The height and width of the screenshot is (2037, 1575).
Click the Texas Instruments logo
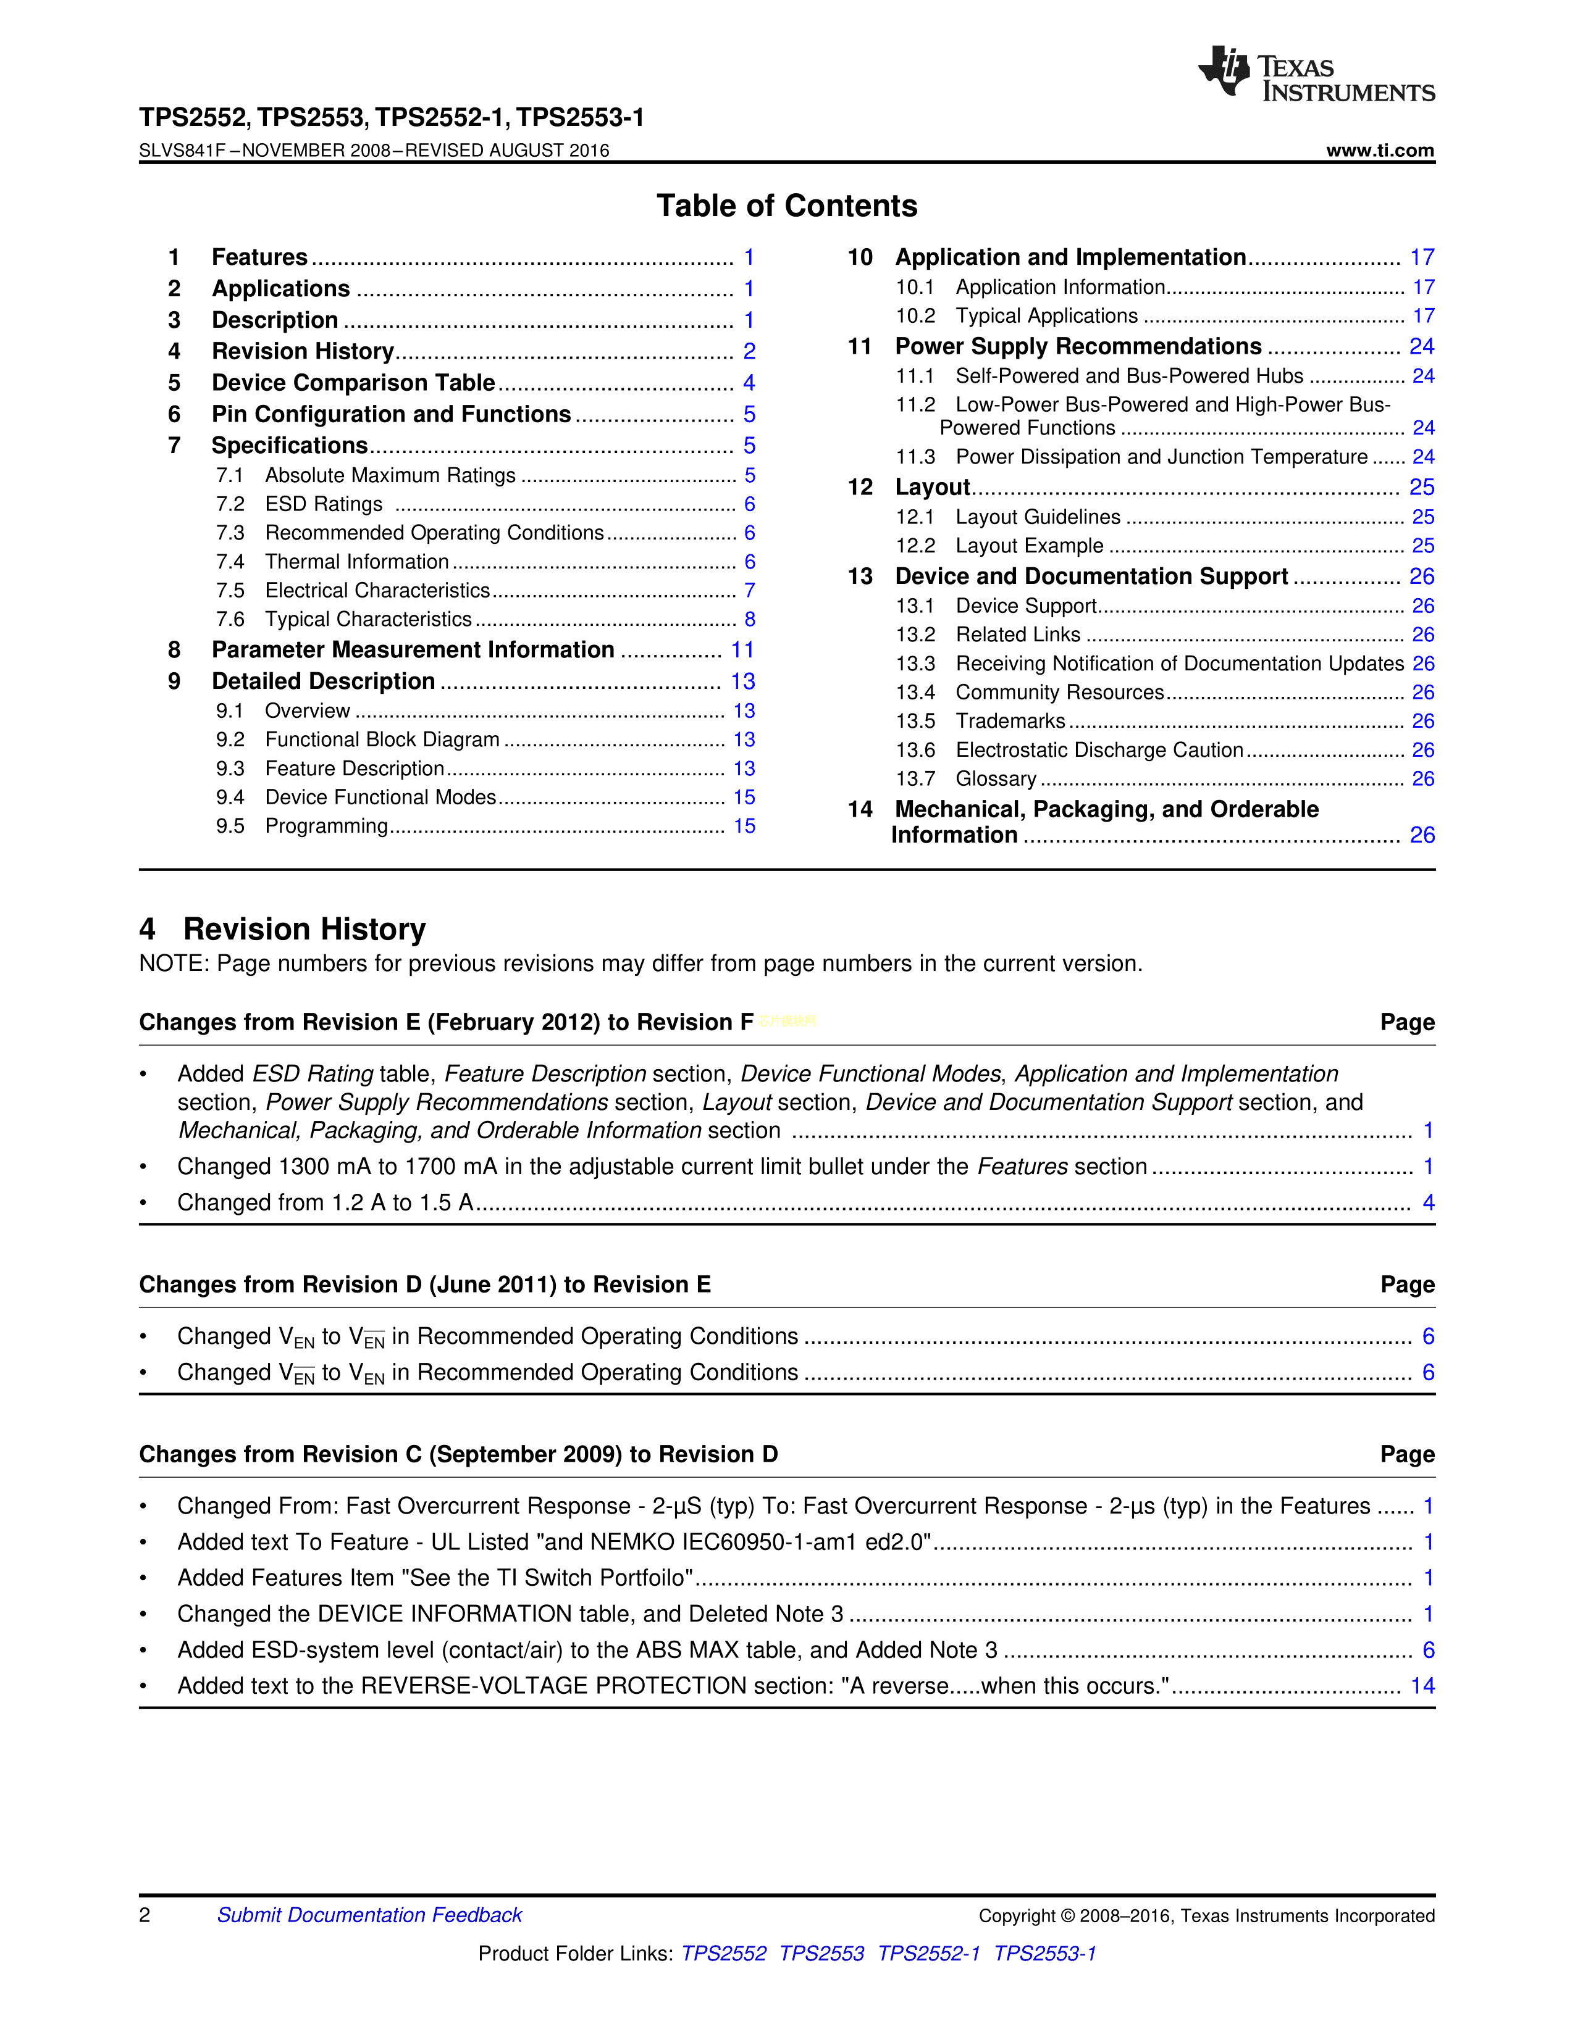pos(1316,73)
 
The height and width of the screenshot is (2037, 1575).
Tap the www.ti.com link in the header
pos(1379,150)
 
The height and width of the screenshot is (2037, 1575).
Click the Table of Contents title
pos(786,206)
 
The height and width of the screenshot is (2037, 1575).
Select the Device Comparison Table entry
pos(353,383)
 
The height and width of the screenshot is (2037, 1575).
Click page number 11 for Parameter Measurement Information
pos(742,650)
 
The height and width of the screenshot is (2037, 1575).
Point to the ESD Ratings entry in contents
pos(323,504)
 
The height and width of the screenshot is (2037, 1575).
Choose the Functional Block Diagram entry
pos(382,739)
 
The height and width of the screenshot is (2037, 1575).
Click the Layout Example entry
pos(1029,546)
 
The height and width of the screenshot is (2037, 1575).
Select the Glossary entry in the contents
pos(996,779)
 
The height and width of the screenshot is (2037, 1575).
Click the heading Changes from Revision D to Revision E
pos(424,1285)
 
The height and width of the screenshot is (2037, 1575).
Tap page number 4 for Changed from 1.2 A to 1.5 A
pos(1427,1202)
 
